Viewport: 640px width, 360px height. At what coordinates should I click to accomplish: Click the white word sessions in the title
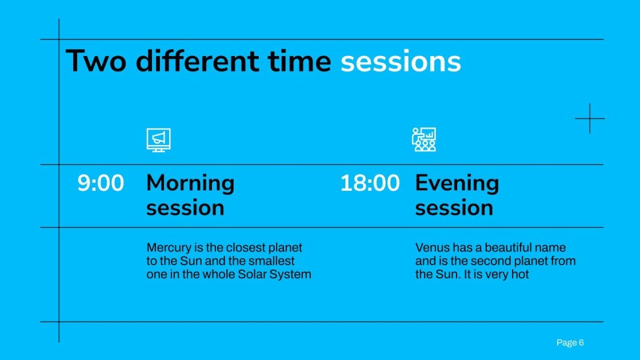click(401, 62)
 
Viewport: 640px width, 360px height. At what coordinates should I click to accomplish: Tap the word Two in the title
click(96, 62)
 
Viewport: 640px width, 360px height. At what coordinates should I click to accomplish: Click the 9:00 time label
click(101, 183)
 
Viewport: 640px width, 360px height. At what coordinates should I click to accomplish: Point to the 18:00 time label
click(370, 183)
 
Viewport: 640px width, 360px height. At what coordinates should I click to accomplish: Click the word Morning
click(190, 183)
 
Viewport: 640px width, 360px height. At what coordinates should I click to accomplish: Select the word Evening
click(457, 183)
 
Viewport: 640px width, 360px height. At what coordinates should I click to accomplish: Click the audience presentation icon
click(424, 139)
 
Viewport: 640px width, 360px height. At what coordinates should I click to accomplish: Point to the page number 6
click(581, 343)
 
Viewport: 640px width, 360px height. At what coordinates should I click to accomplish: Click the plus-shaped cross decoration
click(590, 119)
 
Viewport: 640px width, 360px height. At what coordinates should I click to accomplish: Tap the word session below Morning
click(185, 208)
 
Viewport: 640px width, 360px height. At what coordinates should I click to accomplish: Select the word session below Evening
click(454, 208)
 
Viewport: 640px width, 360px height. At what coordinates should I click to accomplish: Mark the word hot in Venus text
click(521, 274)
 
